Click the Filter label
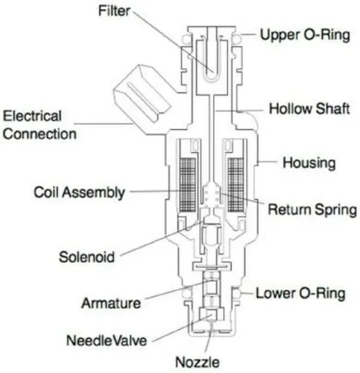click(x=114, y=11)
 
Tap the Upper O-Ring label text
click(x=305, y=35)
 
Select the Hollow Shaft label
click(x=309, y=109)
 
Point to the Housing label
click(x=309, y=163)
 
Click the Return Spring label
click(x=312, y=210)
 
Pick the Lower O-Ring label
click(x=300, y=293)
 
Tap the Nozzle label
click(x=198, y=363)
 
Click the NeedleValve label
click(x=107, y=340)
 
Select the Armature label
click(x=111, y=304)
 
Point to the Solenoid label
click(x=86, y=257)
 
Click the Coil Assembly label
click(x=79, y=193)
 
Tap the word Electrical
click(x=32, y=116)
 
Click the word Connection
click(x=40, y=134)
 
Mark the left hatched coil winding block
click(x=187, y=185)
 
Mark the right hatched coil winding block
click(x=236, y=185)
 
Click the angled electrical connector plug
click(x=142, y=93)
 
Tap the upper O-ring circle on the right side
click(x=237, y=39)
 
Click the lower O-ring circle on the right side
click(x=237, y=293)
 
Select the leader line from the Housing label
click(x=268, y=162)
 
